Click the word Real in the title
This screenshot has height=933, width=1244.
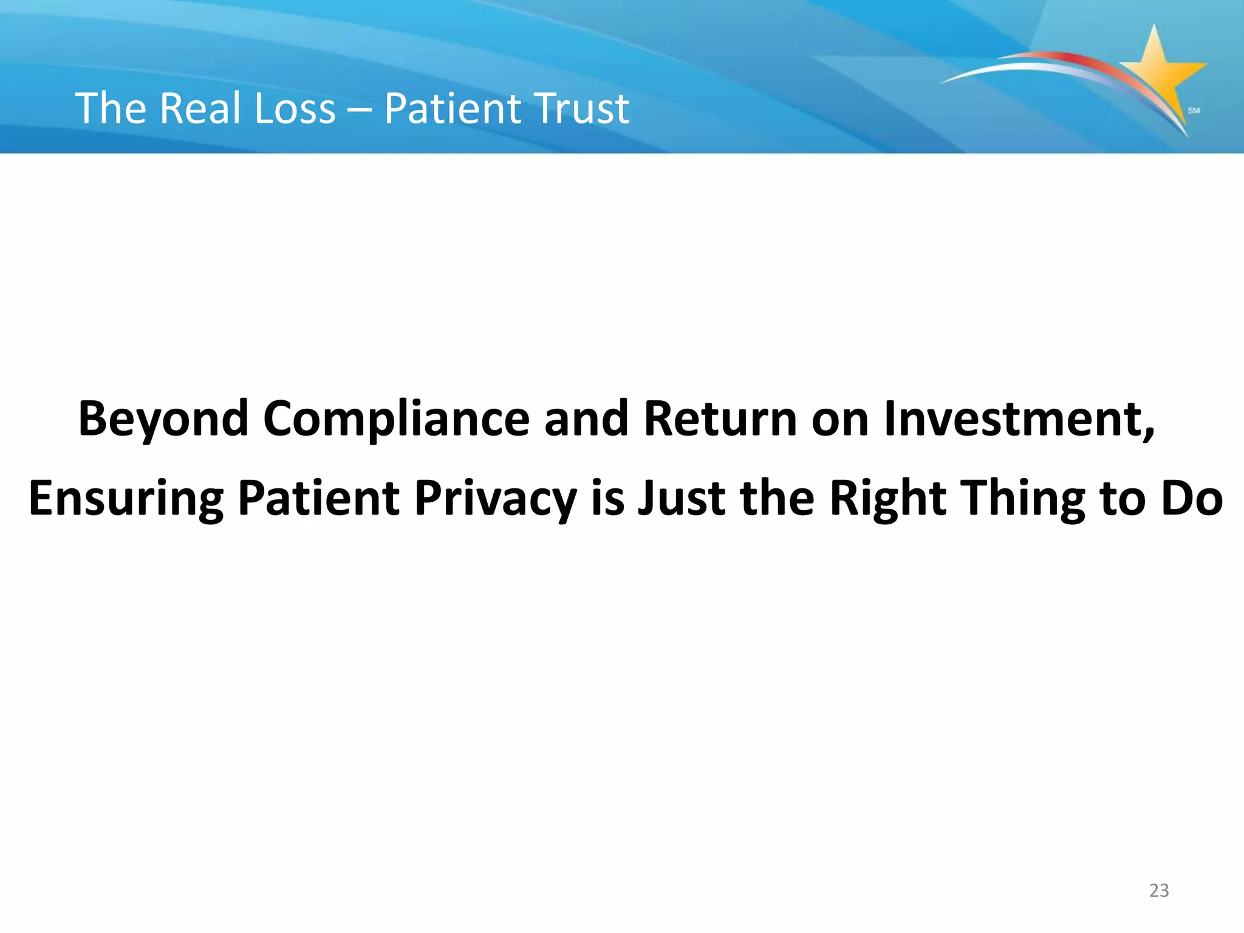[x=200, y=109]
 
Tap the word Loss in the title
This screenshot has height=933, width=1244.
[x=295, y=109]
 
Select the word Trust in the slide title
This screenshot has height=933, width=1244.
[x=582, y=109]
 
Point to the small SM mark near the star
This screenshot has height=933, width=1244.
[x=1194, y=111]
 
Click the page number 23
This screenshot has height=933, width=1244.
[x=1159, y=890]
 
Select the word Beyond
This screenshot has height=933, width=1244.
[x=163, y=419]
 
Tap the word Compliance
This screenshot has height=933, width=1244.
[x=396, y=419]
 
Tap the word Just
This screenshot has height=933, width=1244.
[x=681, y=498]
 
